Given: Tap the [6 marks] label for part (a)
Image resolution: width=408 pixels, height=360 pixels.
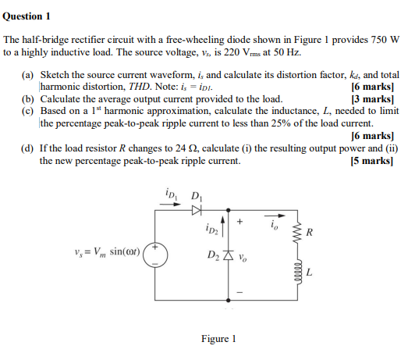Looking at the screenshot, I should pyautogui.click(x=371, y=87).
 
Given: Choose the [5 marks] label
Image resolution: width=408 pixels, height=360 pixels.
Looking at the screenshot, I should pyautogui.click(x=371, y=161).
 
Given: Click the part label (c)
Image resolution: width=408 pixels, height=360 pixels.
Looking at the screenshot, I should pyautogui.click(x=29, y=112).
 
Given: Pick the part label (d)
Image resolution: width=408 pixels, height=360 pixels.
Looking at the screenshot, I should pyautogui.click(x=29, y=148).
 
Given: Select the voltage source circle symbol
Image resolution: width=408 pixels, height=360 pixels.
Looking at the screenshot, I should pyautogui.click(x=154, y=255).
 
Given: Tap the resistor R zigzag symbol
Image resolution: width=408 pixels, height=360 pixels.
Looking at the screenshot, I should pyautogui.click(x=296, y=233).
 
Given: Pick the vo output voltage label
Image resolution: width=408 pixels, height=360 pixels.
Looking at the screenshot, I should pyautogui.click(x=243, y=257).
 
